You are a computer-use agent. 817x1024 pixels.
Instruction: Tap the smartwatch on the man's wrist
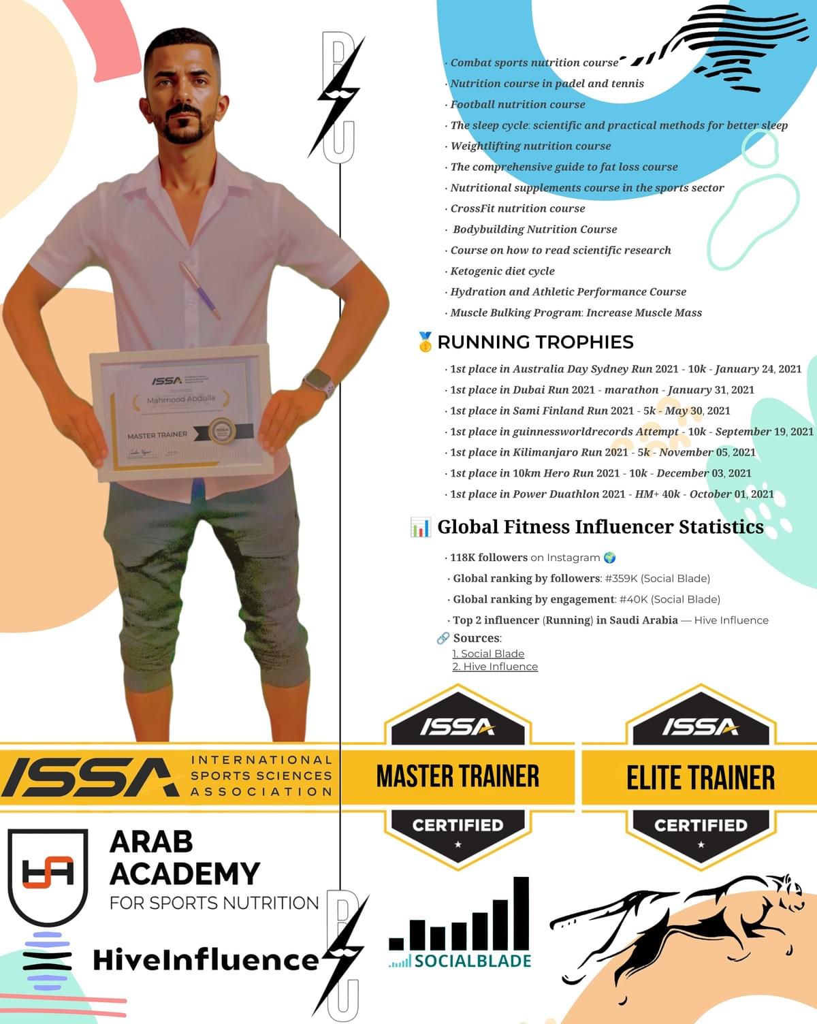(318, 382)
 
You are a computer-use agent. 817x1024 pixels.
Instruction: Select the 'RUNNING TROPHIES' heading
(535, 342)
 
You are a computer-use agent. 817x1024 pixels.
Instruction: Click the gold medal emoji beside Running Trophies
(426, 342)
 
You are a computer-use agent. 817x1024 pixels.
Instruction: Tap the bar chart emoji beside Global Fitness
(420, 527)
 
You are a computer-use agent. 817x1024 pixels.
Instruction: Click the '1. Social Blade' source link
(488, 654)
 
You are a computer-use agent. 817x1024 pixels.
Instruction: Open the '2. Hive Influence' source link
(495, 667)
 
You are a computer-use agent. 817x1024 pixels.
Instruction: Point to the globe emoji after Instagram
(609, 558)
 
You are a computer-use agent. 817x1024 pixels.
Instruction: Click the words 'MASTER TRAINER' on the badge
(458, 776)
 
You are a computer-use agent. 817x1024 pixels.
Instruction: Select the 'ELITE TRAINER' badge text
(701, 778)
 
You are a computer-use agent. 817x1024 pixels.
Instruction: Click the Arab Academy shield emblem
(48, 874)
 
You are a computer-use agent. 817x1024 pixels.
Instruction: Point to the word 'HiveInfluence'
(206, 960)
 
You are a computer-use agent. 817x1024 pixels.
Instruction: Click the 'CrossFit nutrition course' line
(517, 208)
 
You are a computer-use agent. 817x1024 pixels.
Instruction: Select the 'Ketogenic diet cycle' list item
(502, 271)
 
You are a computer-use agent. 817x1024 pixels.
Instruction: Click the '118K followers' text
(488, 558)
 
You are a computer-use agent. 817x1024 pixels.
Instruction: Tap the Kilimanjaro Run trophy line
(603, 452)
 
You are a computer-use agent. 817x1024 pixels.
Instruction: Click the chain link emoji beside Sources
(443, 638)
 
